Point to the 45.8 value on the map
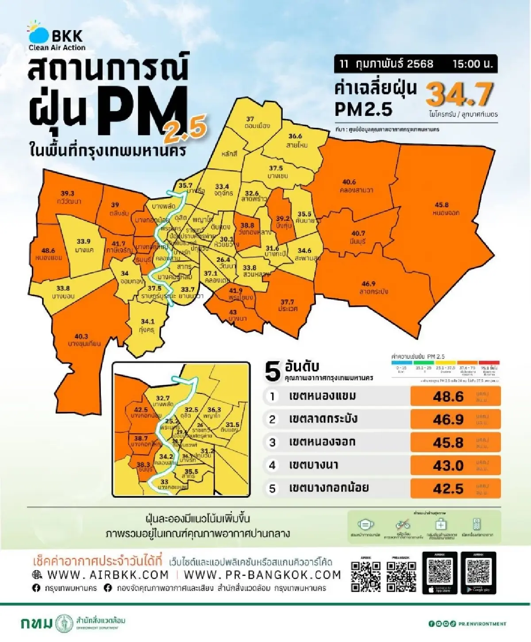coord(441,205)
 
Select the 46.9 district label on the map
coord(368,284)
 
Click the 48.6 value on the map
coord(48,251)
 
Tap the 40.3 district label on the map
coord(81,337)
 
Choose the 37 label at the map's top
coord(250,119)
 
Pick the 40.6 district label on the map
coord(349,182)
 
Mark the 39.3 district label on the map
coord(68,193)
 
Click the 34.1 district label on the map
coord(147,322)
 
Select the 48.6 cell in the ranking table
coord(448,396)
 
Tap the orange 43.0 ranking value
coord(448,465)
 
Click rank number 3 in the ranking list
coord(273,442)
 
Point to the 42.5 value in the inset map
coord(141,410)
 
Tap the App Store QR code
coord(440,571)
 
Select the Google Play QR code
coord(478,571)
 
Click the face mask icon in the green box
coord(365,525)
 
